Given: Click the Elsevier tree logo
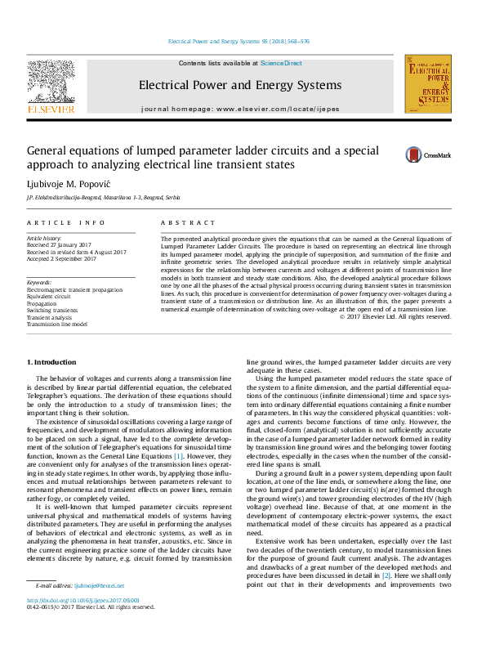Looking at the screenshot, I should [x=51, y=83].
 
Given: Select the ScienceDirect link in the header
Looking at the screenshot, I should [x=281, y=63].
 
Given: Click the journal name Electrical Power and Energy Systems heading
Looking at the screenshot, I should [x=240, y=85].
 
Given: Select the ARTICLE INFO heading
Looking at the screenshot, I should [x=66, y=222].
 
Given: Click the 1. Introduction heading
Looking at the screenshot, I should [x=55, y=362].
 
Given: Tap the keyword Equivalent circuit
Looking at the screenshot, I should [x=51, y=297].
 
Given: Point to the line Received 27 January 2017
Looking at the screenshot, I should [x=60, y=244].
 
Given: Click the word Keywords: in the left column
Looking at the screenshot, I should [x=40, y=283].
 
